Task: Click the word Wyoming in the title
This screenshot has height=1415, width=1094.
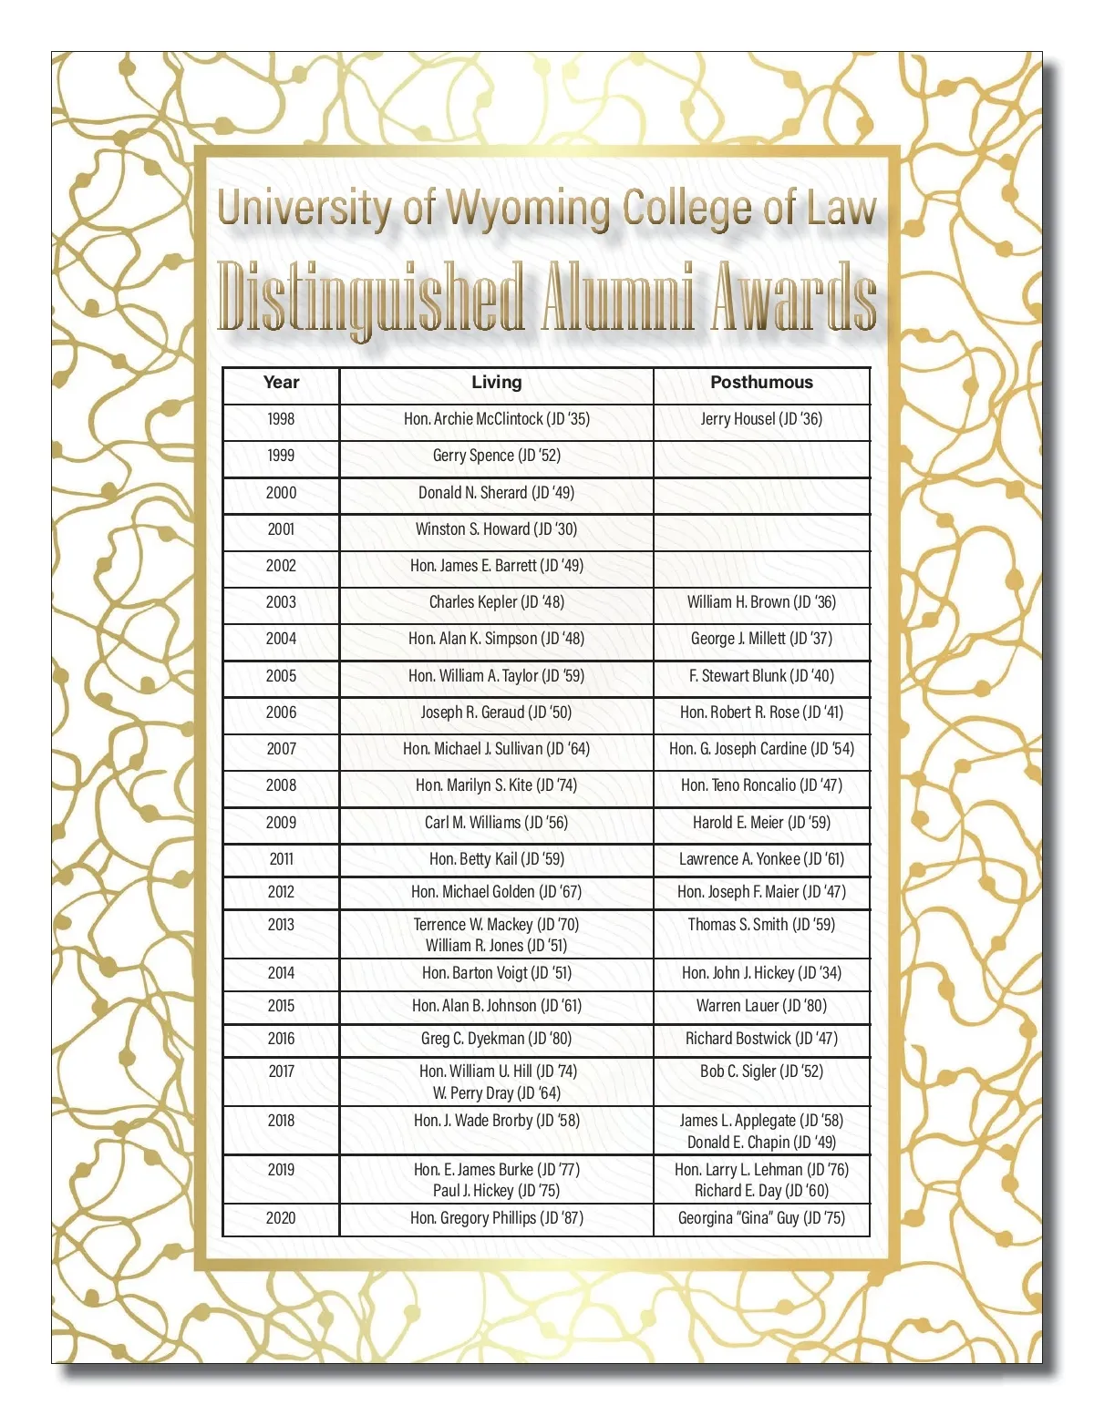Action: [x=529, y=210]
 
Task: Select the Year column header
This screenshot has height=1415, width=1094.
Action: [x=281, y=383]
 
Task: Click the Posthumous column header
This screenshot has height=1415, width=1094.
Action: [x=761, y=383]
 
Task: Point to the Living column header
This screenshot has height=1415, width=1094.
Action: [x=496, y=383]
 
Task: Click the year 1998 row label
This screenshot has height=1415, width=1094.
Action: [x=281, y=419]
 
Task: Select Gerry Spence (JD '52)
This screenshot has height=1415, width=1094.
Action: [x=496, y=456]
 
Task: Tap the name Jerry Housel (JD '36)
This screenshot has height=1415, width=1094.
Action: [x=761, y=419]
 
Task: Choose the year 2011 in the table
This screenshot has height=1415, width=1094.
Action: [x=281, y=859]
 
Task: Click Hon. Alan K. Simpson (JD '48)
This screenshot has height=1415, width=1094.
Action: [x=496, y=639]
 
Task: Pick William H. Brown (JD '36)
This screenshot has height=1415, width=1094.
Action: [x=761, y=602]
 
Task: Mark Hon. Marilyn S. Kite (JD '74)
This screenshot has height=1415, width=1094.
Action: [x=496, y=785]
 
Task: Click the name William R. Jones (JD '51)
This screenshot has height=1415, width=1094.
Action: [x=496, y=946]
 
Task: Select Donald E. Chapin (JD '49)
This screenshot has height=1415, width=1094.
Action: [x=761, y=1143]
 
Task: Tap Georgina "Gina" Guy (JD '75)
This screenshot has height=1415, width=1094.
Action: [x=761, y=1218]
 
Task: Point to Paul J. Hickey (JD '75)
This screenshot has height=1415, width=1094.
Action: [x=496, y=1191]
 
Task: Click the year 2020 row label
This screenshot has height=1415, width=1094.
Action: [x=281, y=1218]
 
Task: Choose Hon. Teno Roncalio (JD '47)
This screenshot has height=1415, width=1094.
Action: [x=761, y=785]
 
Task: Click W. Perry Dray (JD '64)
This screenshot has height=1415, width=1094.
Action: [x=496, y=1093]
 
